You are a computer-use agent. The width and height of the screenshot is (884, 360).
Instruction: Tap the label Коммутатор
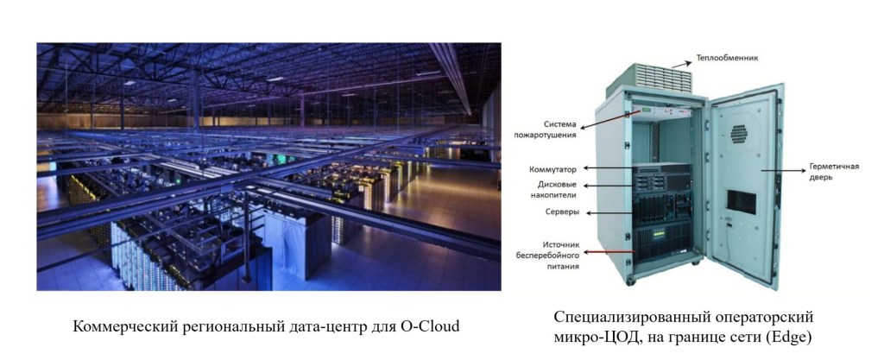[553, 168]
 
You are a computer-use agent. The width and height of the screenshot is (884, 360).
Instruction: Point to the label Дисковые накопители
[556, 190]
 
